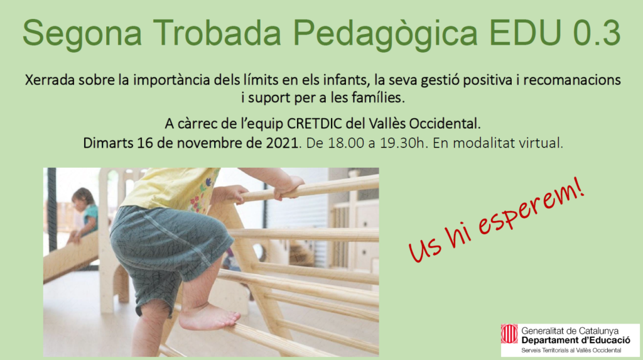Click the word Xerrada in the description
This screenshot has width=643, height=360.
tap(48, 81)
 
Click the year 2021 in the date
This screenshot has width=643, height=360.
tap(280, 143)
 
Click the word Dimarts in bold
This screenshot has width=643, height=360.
tap(108, 143)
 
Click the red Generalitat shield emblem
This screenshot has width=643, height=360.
tap(509, 334)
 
